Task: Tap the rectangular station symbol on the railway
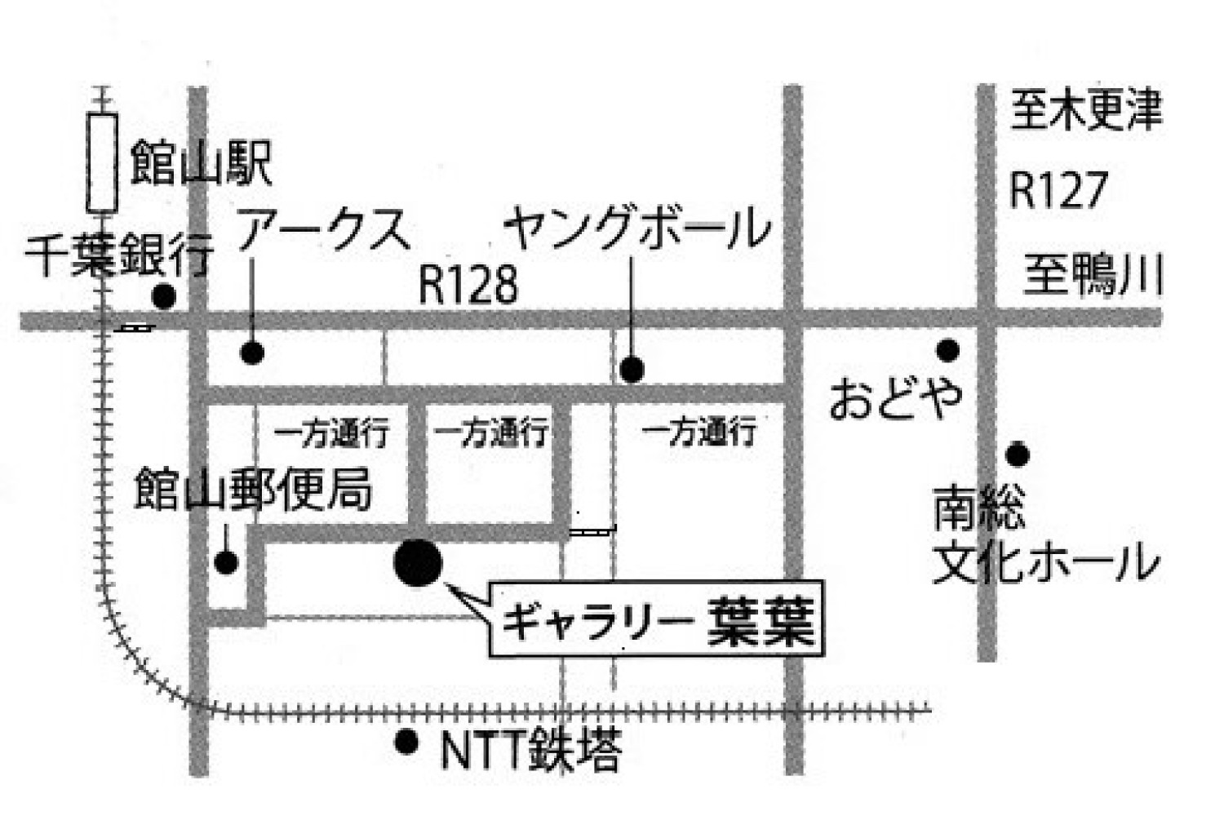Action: pyautogui.click(x=103, y=163)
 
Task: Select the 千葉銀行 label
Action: pyautogui.click(x=119, y=255)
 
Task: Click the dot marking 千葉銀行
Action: pyautogui.click(x=164, y=296)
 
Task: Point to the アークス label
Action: pyautogui.click(x=323, y=229)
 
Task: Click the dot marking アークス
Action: pyautogui.click(x=252, y=353)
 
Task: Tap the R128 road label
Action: pyautogui.click(x=468, y=285)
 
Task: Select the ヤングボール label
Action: pyautogui.click(x=636, y=229)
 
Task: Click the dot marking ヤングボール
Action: pyautogui.click(x=632, y=370)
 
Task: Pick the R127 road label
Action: pyautogui.click(x=1058, y=190)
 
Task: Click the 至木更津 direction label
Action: pyautogui.click(x=1085, y=110)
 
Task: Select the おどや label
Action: pyautogui.click(x=896, y=398)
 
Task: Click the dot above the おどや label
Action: pyautogui.click(x=947, y=350)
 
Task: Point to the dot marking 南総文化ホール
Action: pyautogui.click(x=1017, y=454)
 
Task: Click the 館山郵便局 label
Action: pyautogui.click(x=253, y=489)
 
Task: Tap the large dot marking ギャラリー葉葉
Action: pyautogui.click(x=418, y=562)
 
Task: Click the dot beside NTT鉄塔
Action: pyautogui.click(x=406, y=742)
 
